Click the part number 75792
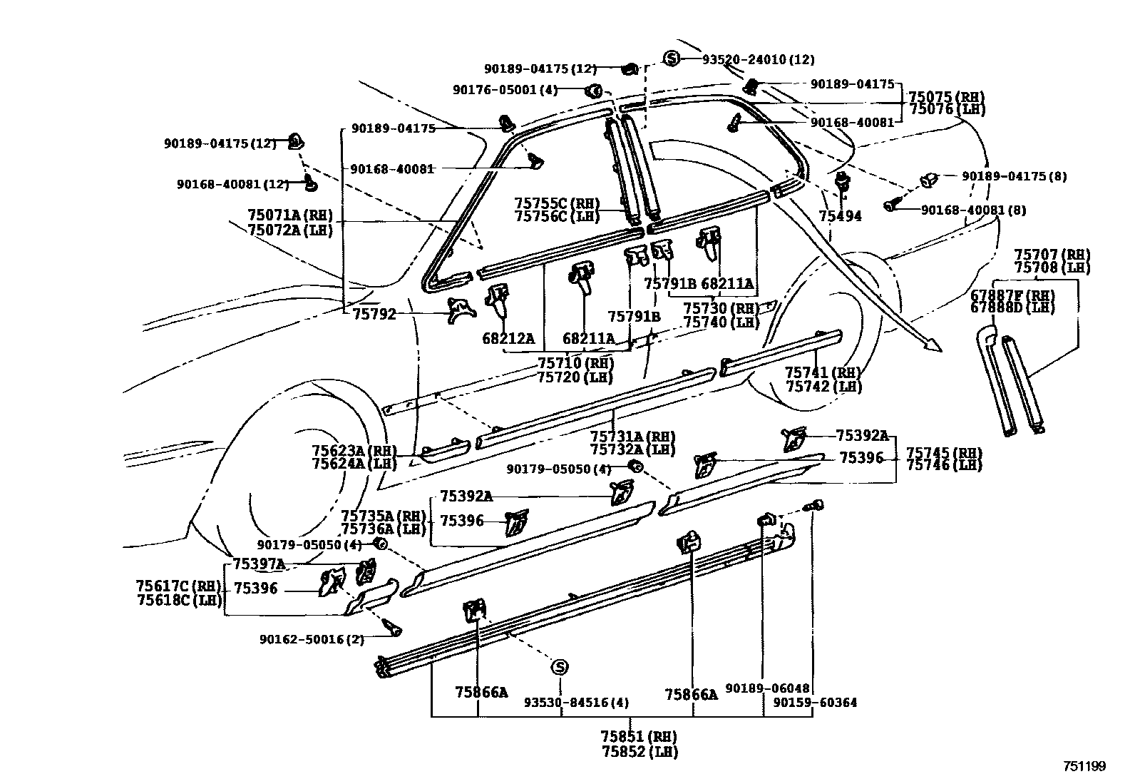pos(374,313)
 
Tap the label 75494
pos(840,216)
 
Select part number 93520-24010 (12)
pos(758,60)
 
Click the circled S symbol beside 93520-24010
pos(671,58)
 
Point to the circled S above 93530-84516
pos(560,667)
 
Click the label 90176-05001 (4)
pos(505,90)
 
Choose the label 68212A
pos(508,339)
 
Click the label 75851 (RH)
pos(638,736)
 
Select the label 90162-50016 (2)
pos(312,640)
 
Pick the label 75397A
pos(259,564)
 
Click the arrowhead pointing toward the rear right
pos(933,346)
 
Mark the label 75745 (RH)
pos(944,452)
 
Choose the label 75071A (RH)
pos(290,215)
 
